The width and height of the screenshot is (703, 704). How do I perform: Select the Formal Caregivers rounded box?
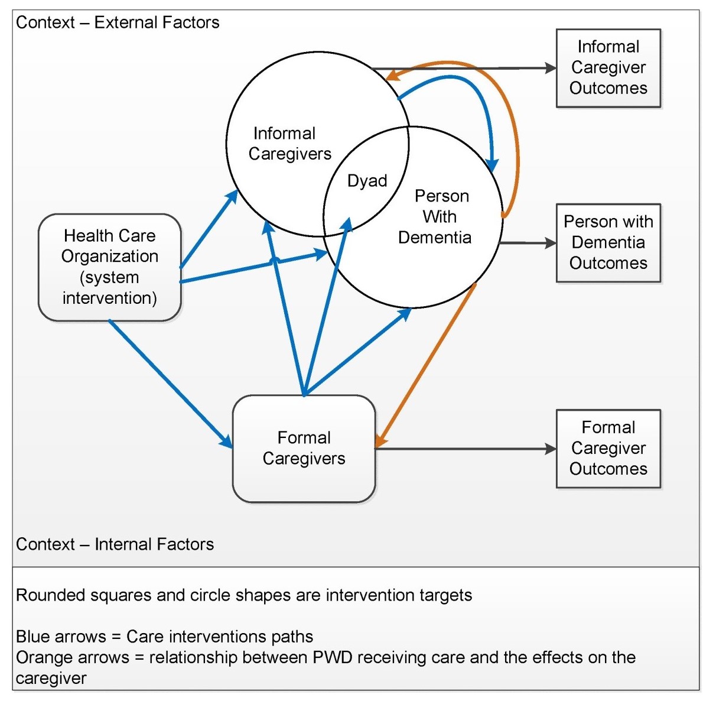(304, 448)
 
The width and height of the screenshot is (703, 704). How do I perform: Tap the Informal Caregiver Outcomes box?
(608, 67)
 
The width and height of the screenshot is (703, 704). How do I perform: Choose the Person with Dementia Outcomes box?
(608, 242)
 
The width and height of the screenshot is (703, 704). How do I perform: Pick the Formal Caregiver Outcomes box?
(608, 448)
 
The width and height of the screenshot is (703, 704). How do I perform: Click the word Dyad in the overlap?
(367, 181)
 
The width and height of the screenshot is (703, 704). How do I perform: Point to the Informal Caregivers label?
(289, 144)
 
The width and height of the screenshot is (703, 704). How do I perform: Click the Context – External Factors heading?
(118, 22)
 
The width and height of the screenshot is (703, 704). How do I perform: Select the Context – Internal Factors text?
(115, 544)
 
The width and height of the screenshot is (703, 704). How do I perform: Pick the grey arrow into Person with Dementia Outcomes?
(528, 243)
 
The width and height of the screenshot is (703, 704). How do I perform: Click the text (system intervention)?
(109, 287)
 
